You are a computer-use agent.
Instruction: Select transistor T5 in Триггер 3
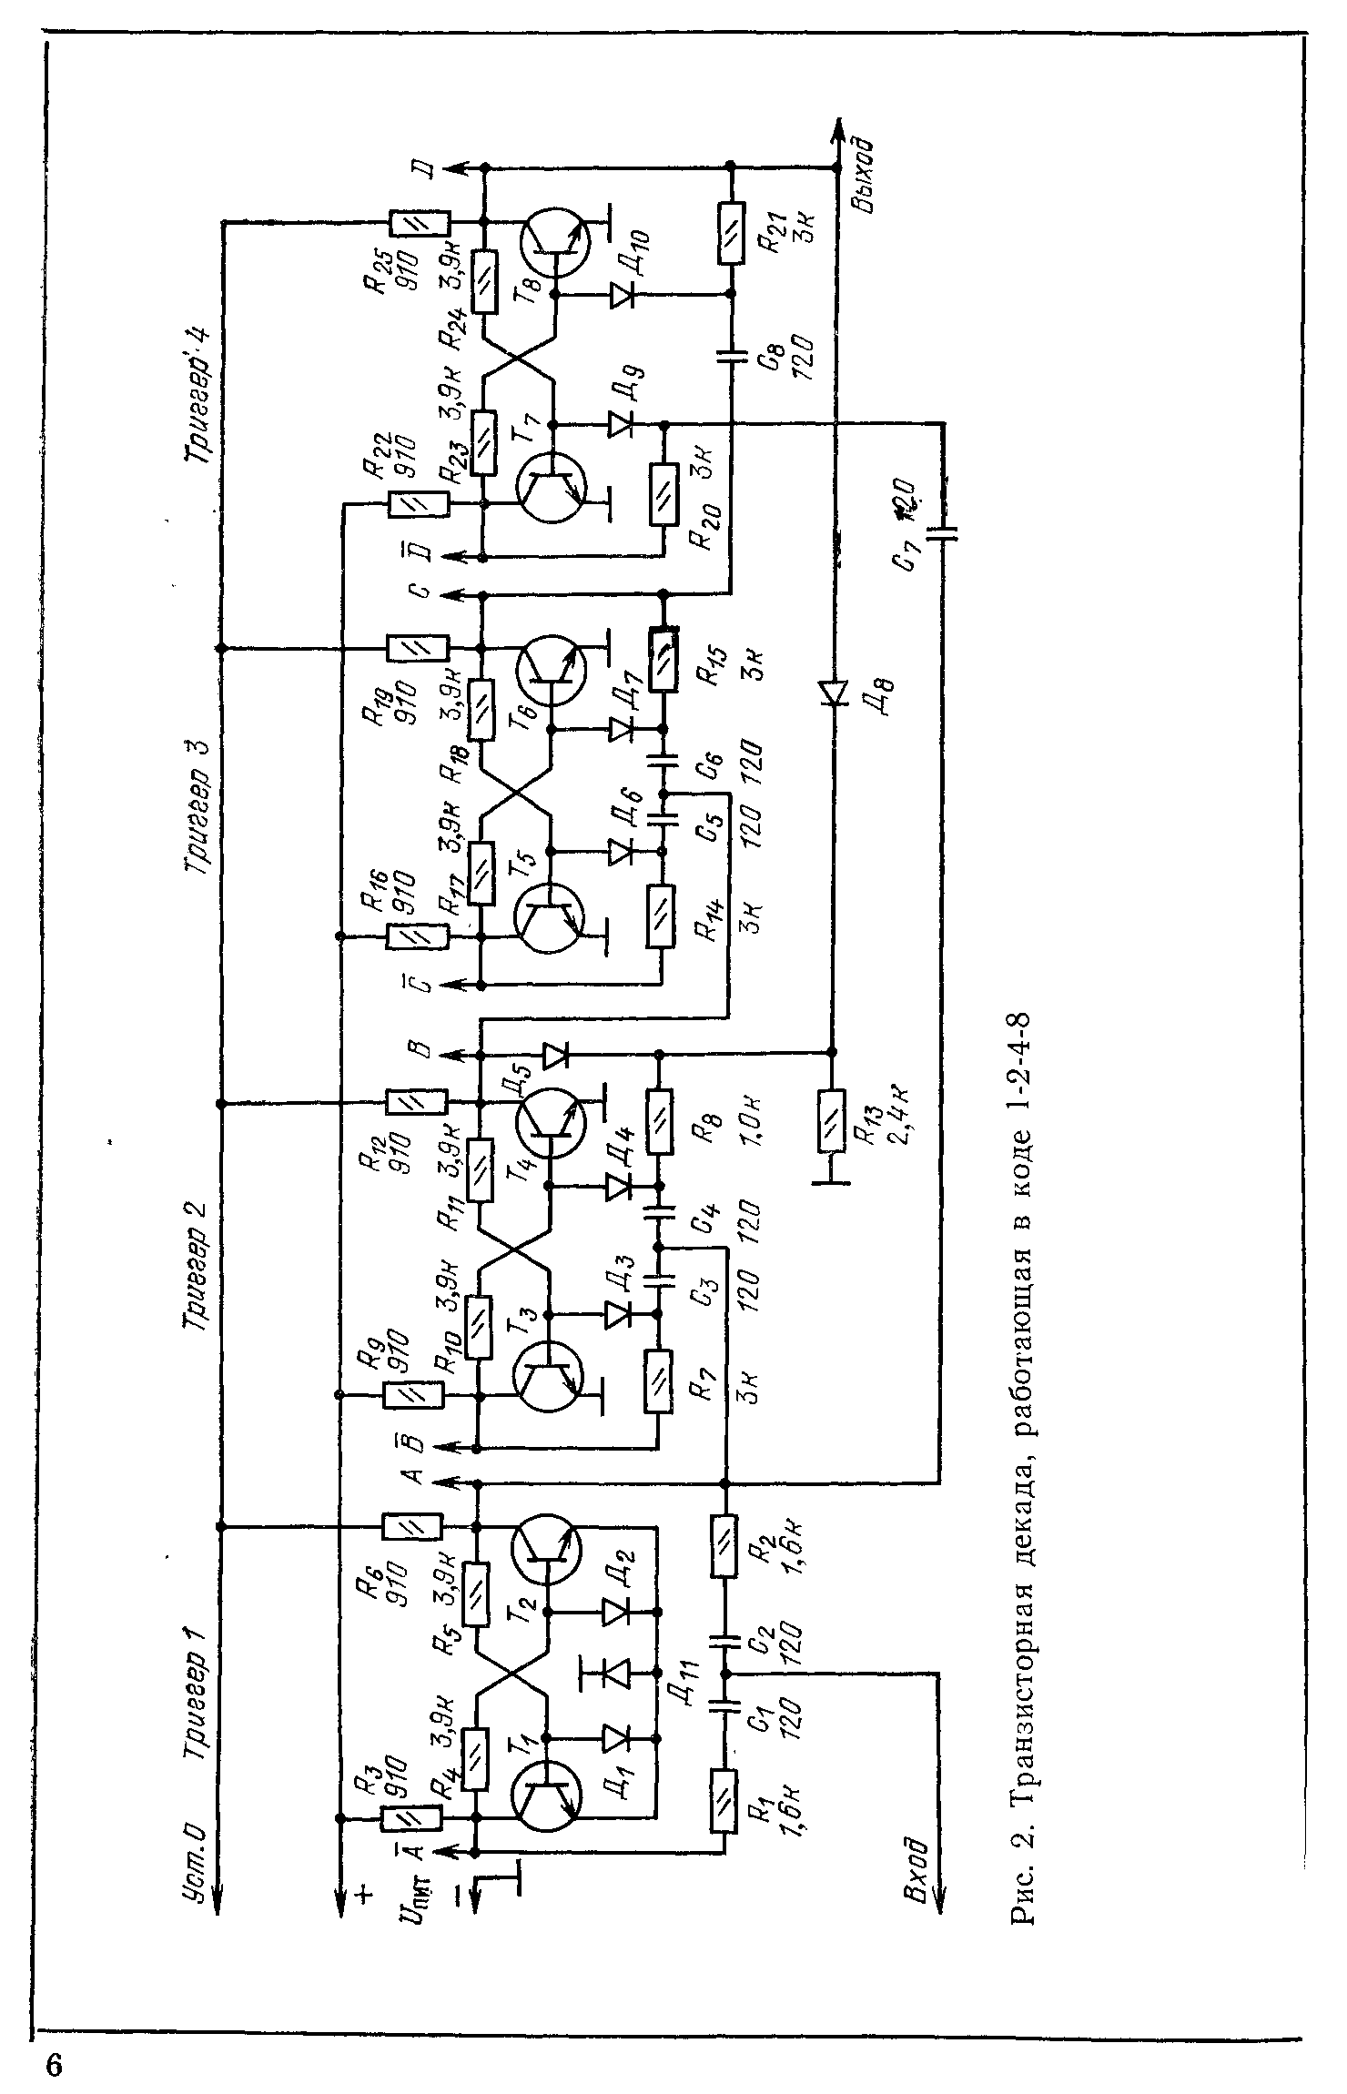549,920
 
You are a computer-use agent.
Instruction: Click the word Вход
917,1859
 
